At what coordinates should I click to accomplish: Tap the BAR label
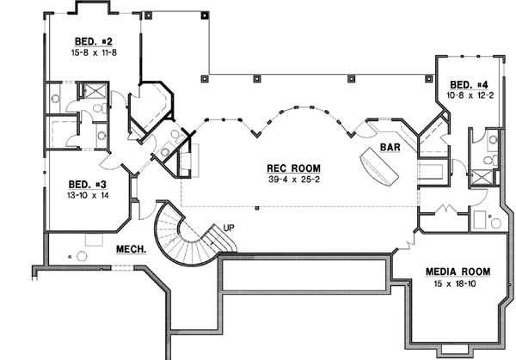[392, 147]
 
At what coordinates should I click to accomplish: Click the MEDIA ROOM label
[458, 272]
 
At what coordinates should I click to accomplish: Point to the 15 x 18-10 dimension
[458, 284]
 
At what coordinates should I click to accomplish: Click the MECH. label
[130, 250]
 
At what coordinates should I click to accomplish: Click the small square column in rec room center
[256, 207]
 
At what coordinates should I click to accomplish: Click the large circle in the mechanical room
[83, 255]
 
